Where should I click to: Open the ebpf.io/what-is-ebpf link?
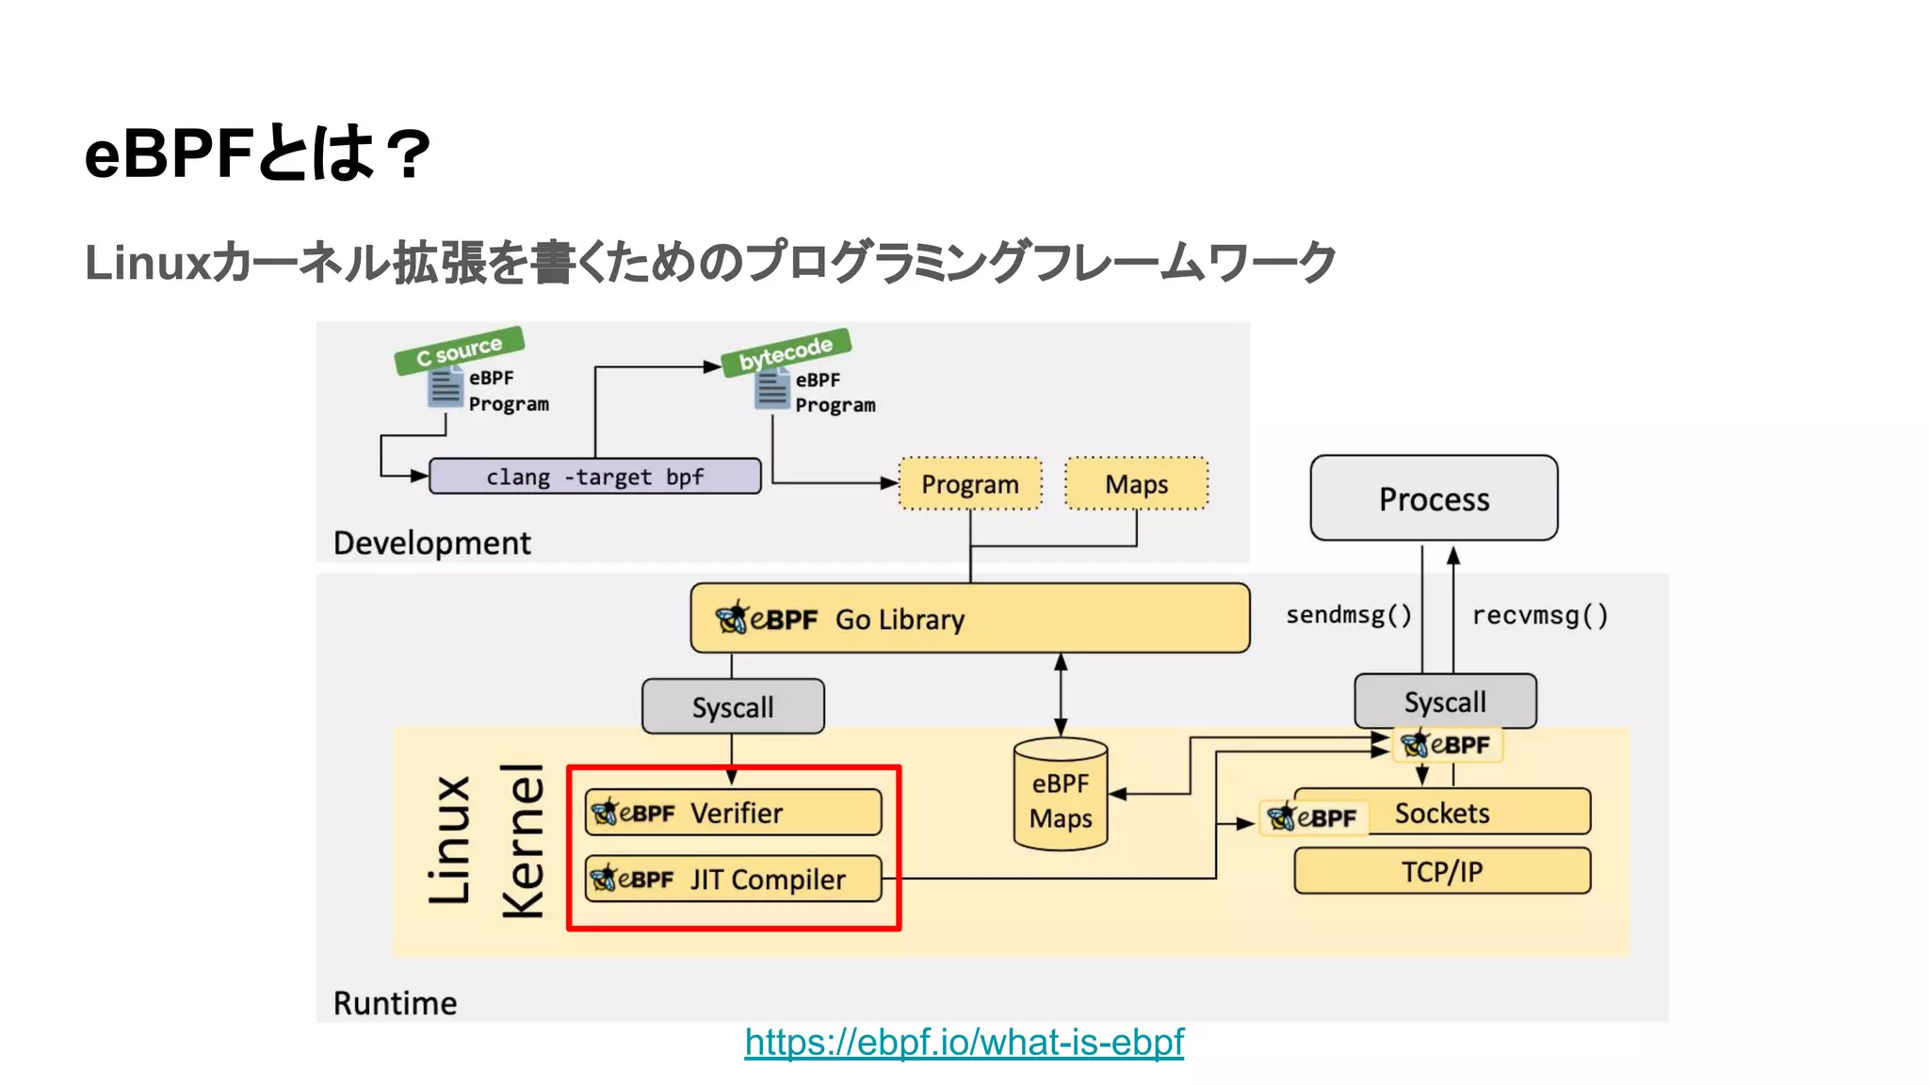coord(964,1042)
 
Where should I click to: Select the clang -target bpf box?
coord(594,477)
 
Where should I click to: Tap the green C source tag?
coord(460,349)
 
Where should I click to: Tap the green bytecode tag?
coord(786,352)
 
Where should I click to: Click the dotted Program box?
coord(970,484)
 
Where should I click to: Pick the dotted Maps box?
coord(1136,484)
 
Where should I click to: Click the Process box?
coord(1434,498)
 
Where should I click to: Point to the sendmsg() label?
coord(1348,615)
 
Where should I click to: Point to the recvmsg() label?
coord(1540,615)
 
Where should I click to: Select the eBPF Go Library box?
coord(970,619)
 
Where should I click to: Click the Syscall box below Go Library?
coord(733,706)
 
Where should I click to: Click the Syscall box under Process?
coord(1445,702)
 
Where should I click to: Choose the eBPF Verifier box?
coord(733,813)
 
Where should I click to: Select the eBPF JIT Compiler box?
coord(733,879)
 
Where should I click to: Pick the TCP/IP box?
coord(1442,871)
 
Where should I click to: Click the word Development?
coord(431,543)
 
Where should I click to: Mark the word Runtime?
coord(395,1003)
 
